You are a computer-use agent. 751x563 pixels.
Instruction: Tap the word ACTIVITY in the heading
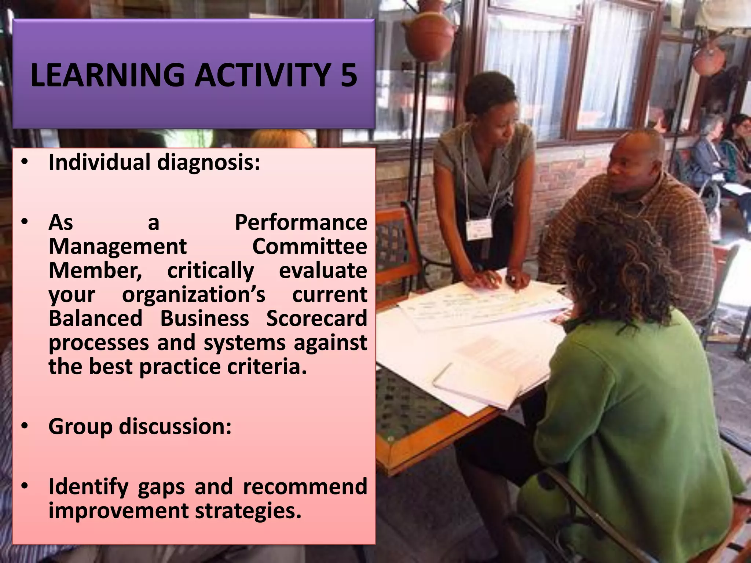263,75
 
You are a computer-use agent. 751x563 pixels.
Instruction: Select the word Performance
301,222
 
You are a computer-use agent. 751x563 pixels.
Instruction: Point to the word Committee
309,246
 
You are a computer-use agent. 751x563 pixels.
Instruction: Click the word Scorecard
316,318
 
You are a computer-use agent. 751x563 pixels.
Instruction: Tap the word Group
80,427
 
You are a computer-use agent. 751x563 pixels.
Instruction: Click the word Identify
88,487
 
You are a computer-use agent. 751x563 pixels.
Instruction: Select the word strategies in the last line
248,511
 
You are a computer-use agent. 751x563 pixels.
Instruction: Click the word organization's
194,294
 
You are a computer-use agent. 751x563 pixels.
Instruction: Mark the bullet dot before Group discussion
25,426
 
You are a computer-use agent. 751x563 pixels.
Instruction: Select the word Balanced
95,318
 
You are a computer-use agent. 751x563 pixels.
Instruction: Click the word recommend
305,487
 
